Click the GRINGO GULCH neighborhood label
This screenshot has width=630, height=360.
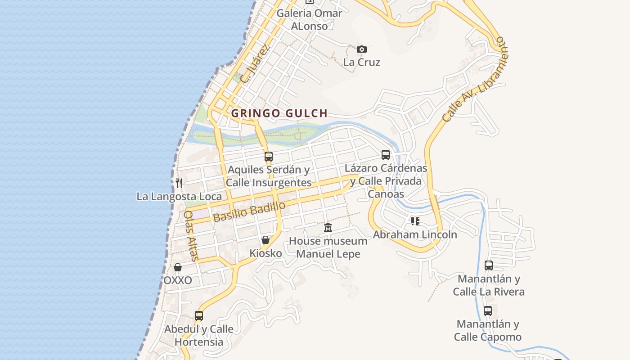279,113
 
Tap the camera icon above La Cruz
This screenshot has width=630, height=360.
362,49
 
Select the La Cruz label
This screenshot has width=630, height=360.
362,62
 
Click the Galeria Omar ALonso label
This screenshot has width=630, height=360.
309,19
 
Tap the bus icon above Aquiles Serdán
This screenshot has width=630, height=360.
269,157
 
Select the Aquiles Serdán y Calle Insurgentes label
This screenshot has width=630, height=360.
269,176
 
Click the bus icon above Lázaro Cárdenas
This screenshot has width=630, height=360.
386,155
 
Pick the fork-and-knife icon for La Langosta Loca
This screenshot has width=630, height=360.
179,183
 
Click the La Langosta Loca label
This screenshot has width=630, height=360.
179,197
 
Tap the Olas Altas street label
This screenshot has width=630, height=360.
191,236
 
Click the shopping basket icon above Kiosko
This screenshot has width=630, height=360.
265,240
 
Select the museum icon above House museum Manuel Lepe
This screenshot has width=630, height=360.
328,228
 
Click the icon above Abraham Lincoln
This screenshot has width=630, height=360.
415,221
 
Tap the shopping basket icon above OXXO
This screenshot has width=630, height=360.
178,267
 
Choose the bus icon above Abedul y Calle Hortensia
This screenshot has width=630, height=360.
199,316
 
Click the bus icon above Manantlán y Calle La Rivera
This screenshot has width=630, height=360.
489,265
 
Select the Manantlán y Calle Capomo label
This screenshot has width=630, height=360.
488,330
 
